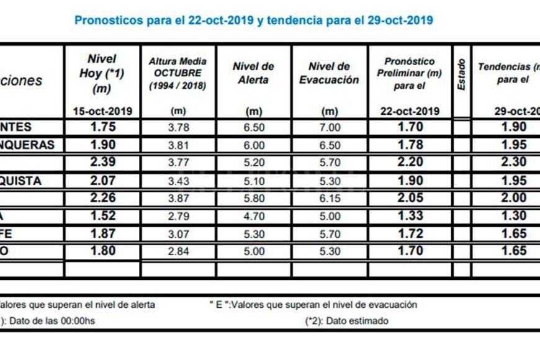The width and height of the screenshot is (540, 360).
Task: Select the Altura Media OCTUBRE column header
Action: (178, 74)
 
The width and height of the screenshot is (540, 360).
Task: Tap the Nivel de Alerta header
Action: (253, 73)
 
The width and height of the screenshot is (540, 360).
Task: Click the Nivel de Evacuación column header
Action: (329, 73)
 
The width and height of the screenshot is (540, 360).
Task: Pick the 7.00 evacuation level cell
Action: (329, 127)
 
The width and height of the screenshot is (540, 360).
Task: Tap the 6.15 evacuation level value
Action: (329, 199)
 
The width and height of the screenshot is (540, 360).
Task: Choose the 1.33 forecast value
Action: (410, 216)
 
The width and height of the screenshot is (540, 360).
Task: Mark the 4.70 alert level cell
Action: (253, 216)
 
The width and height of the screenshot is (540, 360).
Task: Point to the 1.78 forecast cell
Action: (410, 145)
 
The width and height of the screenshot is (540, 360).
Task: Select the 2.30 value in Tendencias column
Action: (513, 163)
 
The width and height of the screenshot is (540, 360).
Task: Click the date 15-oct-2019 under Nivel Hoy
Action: (102, 111)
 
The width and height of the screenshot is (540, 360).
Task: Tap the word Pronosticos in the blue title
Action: (109, 20)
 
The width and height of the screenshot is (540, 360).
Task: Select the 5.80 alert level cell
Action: (253, 199)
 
